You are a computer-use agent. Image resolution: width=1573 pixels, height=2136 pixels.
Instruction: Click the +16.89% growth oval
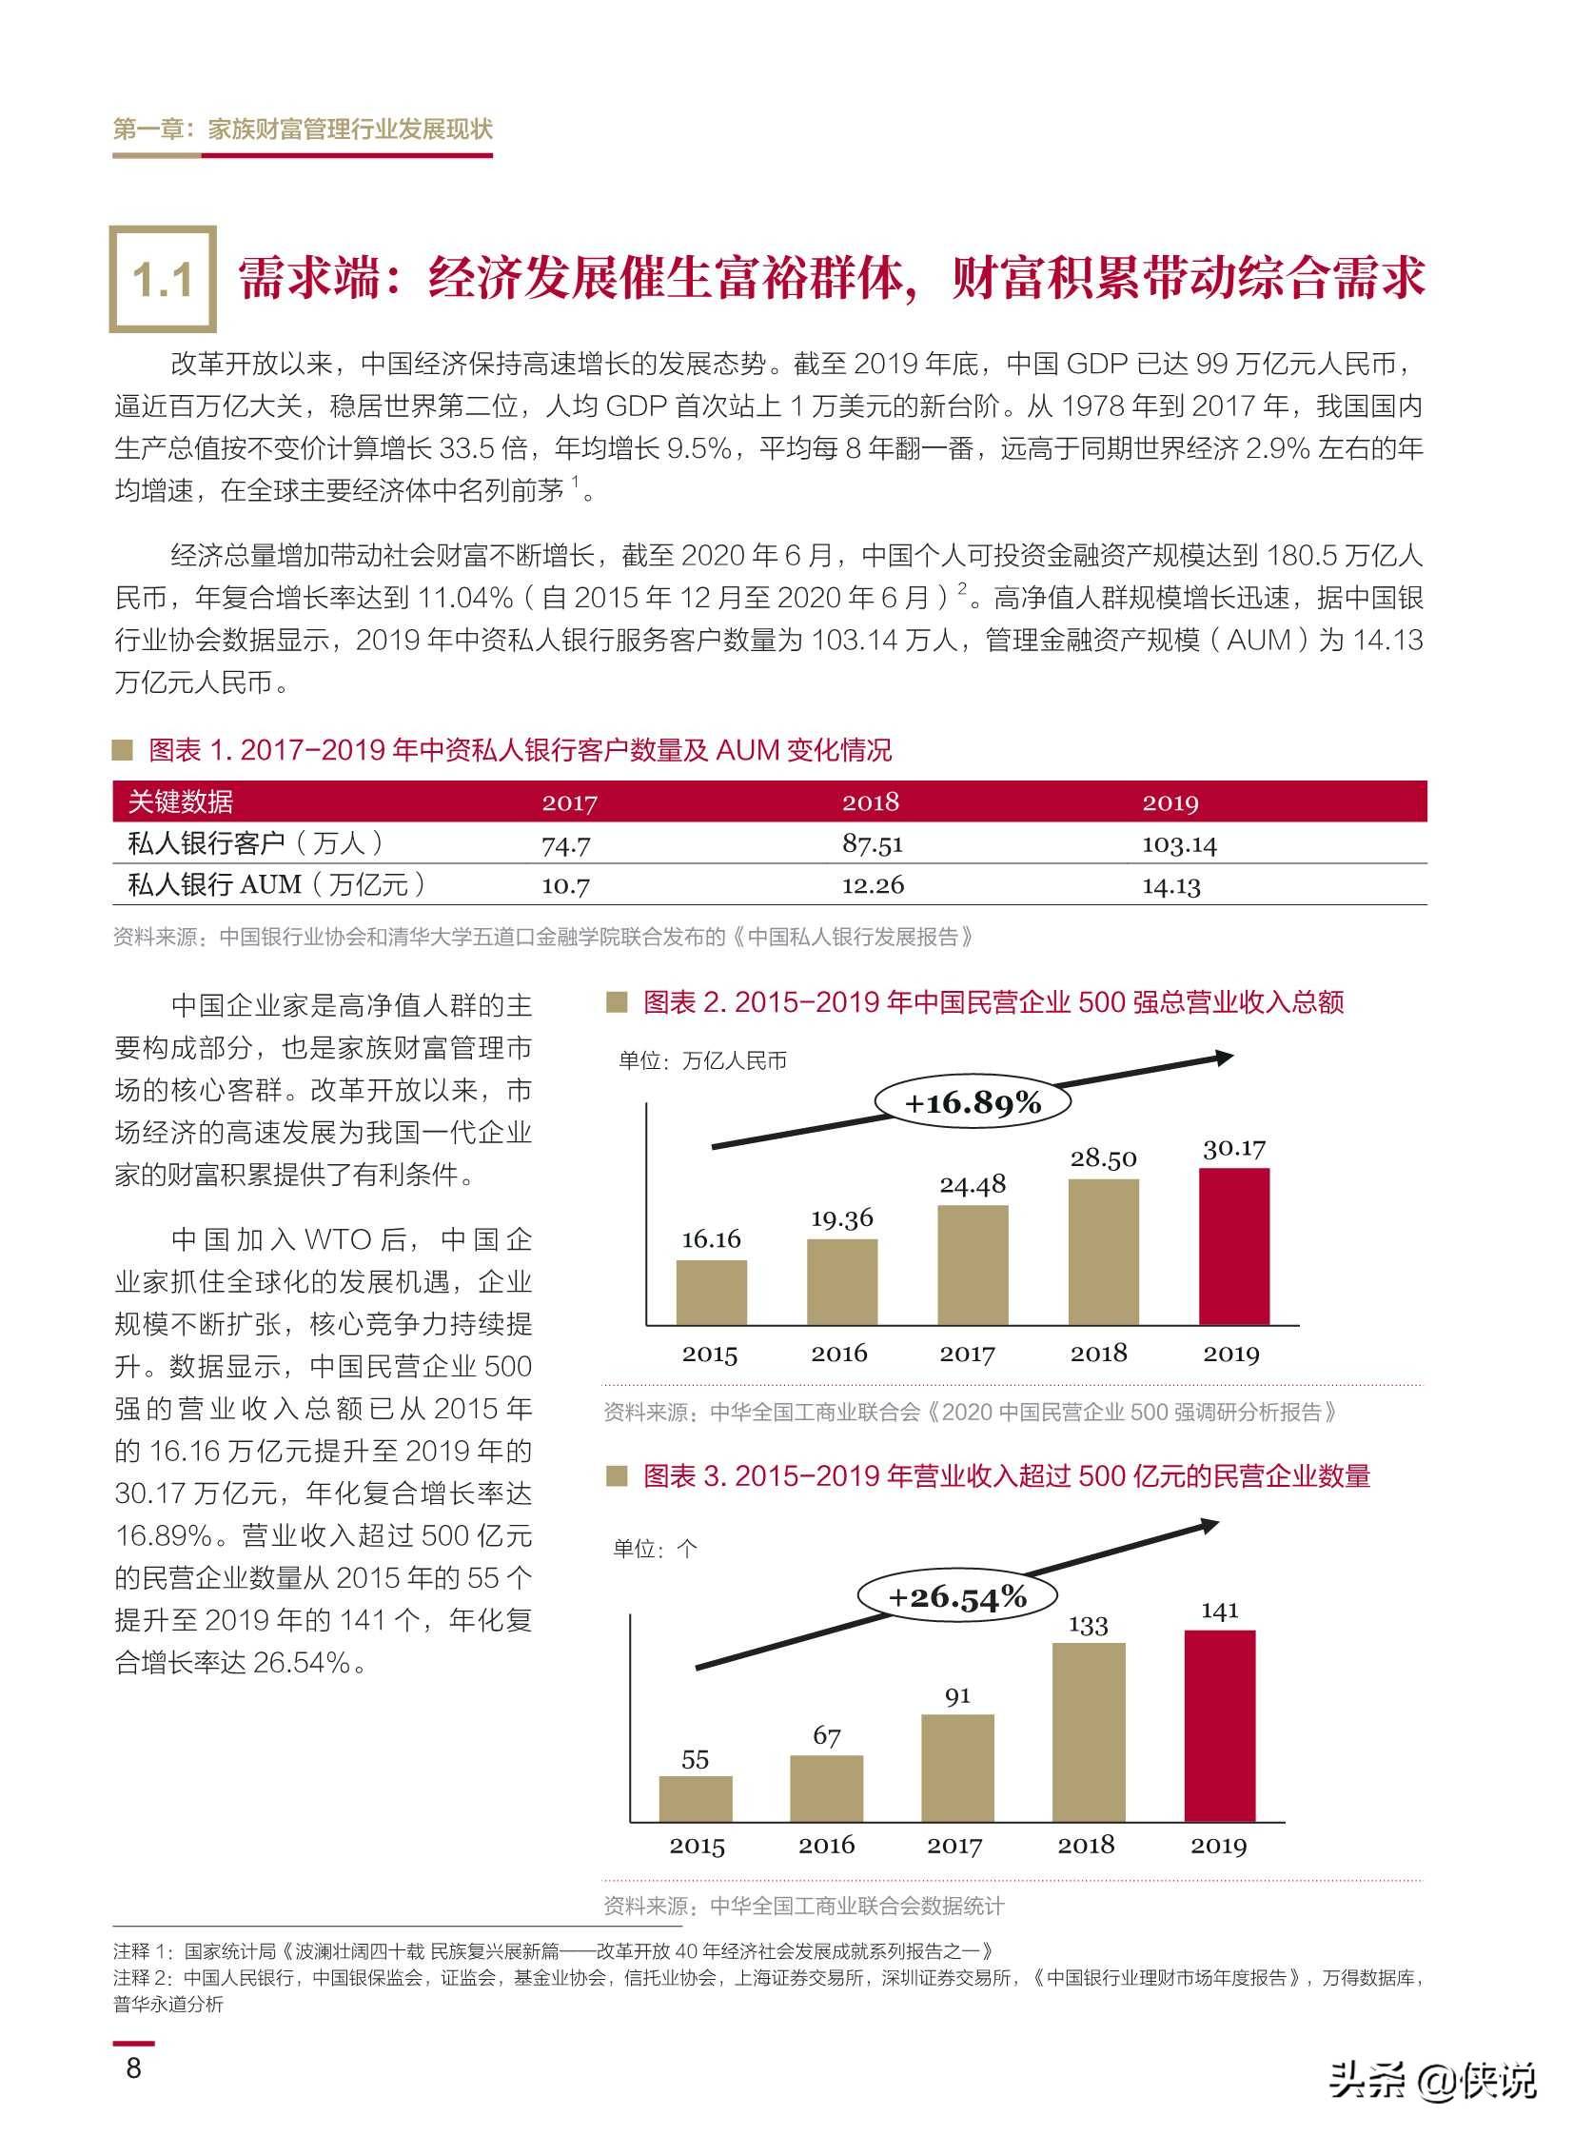(x=973, y=1104)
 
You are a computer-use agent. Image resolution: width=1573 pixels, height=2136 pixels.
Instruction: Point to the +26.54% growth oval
(x=957, y=1596)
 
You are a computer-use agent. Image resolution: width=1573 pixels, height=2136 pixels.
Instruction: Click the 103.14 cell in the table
(x=1179, y=844)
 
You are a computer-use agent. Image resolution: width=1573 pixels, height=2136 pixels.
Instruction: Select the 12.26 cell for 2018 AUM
(x=873, y=885)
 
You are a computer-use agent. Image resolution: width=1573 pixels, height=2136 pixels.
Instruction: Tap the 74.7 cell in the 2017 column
(x=565, y=844)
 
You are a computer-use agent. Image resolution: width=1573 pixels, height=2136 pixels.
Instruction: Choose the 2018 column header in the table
(x=871, y=801)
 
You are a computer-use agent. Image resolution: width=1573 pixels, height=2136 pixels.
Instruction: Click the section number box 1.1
(x=163, y=279)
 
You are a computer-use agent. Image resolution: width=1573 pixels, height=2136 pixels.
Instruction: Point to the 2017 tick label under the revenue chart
(x=967, y=1355)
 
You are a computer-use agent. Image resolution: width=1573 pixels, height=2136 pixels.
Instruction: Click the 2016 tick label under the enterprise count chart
(x=826, y=1846)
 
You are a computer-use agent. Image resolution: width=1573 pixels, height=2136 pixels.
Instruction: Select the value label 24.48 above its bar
(x=973, y=1185)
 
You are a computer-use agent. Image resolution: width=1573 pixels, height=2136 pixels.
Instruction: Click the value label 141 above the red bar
(x=1219, y=1611)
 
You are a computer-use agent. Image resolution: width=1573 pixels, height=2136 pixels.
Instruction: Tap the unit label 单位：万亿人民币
(x=702, y=1060)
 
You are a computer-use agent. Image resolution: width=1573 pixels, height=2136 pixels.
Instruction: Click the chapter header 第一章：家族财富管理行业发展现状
(x=303, y=129)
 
